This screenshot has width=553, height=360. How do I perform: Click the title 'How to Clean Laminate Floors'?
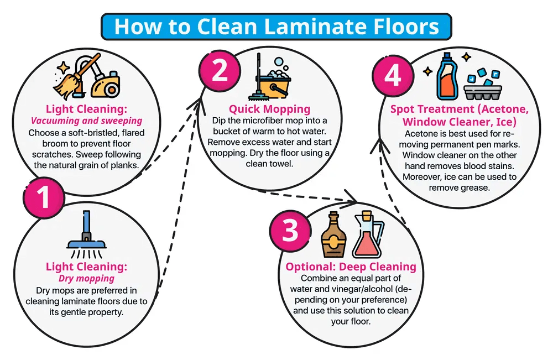(276, 27)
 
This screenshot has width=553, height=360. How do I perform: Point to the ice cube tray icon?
(478, 86)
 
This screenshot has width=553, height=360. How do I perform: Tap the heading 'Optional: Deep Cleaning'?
(351, 267)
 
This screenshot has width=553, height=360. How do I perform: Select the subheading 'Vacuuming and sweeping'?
(86, 121)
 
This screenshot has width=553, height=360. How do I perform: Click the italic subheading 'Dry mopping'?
(86, 278)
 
